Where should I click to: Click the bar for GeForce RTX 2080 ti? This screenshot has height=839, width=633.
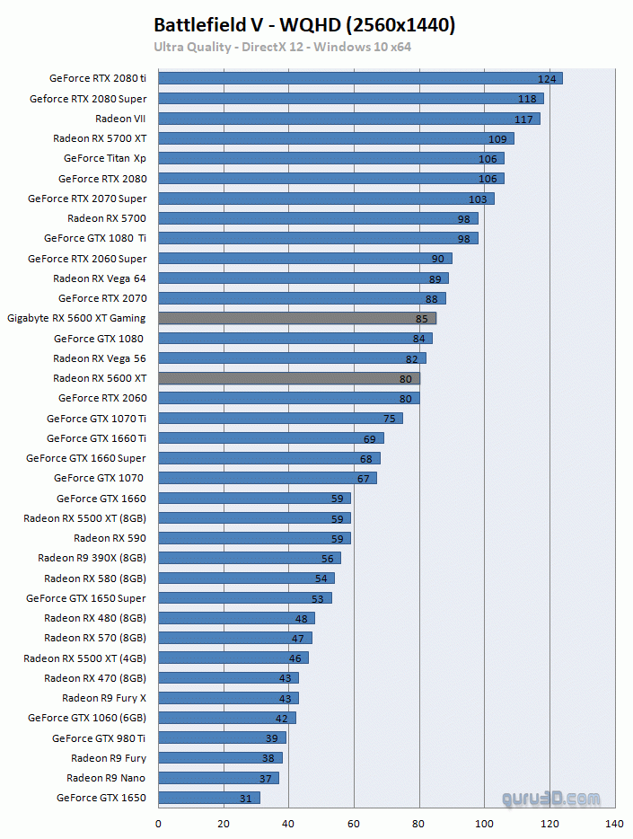[x=359, y=78]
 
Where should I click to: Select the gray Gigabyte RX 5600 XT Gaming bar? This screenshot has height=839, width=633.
[x=296, y=318]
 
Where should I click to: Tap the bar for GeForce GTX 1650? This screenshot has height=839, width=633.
[x=209, y=798]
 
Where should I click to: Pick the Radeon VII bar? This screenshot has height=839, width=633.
[x=348, y=119]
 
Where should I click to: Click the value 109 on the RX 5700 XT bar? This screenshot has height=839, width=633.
[x=497, y=139]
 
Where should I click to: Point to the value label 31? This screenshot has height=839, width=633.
[x=245, y=798]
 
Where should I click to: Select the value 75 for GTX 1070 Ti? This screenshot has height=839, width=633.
[x=389, y=419]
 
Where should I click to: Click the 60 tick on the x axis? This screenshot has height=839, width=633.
[x=354, y=823]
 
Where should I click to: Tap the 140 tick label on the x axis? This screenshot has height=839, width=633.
[x=614, y=823]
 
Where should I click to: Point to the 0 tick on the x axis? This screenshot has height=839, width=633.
[x=159, y=823]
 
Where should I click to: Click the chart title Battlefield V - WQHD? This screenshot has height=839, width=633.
[x=304, y=25]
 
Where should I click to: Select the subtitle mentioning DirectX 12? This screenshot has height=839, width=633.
[x=282, y=47]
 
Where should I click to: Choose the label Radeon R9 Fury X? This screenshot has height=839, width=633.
[x=103, y=698]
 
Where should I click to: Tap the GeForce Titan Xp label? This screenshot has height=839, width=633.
[x=104, y=158]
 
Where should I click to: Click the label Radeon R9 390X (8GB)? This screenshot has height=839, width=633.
[x=92, y=558]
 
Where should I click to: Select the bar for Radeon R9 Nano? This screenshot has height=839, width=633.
[x=218, y=778]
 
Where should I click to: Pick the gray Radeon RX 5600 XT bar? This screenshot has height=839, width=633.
[x=288, y=378]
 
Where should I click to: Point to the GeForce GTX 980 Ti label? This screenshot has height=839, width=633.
[x=99, y=738]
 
